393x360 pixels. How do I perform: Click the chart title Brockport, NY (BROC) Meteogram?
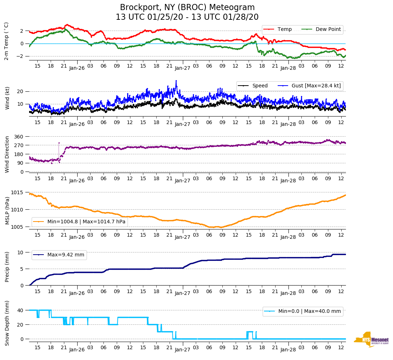point(187,8)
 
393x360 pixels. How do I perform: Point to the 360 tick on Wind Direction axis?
point(19,137)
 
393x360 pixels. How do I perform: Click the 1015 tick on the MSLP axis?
point(18,192)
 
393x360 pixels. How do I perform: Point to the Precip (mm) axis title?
point(7,266)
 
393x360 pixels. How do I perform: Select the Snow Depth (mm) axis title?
point(7,323)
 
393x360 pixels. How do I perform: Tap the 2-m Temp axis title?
point(6,41)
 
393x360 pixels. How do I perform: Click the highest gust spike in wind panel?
point(176,81)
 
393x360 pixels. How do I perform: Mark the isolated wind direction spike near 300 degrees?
point(59,143)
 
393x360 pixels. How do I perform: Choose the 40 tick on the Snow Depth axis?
point(20,310)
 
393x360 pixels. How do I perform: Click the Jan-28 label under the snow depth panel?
point(288,350)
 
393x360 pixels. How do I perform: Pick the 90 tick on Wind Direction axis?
point(20,163)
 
